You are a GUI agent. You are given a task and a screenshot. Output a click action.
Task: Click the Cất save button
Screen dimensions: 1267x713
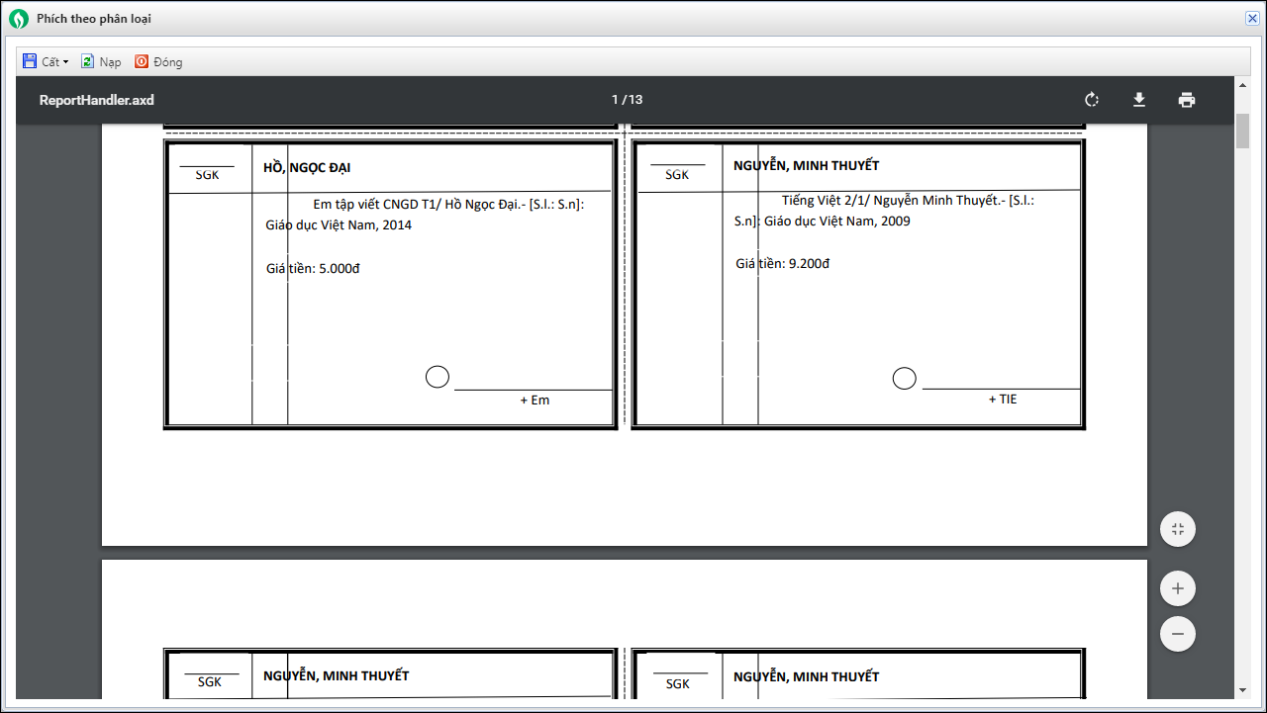click(46, 61)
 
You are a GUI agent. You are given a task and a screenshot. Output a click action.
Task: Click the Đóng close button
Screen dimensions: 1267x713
click(158, 61)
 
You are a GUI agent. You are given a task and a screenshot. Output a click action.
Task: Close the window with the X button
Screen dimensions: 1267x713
click(1252, 18)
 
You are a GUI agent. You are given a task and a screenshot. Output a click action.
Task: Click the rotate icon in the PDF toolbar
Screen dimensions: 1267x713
click(1092, 100)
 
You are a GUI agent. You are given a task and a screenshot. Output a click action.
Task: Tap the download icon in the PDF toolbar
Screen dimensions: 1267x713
click(1139, 100)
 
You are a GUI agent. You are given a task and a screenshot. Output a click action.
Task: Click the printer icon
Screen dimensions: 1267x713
click(1187, 100)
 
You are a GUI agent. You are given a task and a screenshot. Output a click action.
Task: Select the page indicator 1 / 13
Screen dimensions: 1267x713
click(628, 100)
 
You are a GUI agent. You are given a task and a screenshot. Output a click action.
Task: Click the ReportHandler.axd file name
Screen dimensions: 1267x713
click(97, 100)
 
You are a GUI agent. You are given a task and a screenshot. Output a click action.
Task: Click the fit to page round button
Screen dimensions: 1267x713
click(1178, 529)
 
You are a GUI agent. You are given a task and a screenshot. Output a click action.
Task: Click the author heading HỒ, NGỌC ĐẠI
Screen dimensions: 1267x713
click(307, 167)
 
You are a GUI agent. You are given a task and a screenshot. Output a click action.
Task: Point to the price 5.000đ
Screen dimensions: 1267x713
click(340, 268)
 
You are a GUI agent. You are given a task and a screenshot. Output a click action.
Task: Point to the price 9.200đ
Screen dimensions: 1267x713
click(809, 263)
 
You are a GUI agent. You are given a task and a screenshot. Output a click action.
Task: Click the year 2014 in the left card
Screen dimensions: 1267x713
click(397, 224)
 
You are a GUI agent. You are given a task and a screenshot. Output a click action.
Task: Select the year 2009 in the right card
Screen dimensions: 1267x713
click(896, 221)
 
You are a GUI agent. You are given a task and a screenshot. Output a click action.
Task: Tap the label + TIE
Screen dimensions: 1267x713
click(1003, 399)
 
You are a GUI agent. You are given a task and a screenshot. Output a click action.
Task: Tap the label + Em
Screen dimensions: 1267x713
click(536, 400)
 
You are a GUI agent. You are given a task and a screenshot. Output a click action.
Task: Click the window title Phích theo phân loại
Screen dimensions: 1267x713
click(94, 19)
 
